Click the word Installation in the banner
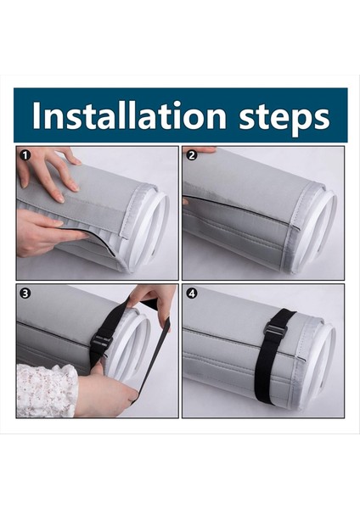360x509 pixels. pyautogui.click(x=129, y=115)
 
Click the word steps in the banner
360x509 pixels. pyautogui.click(x=284, y=118)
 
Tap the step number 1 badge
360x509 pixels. pyautogui.click(x=25, y=155)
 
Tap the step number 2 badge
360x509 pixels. pyautogui.click(x=192, y=155)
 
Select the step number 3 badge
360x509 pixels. pyautogui.click(x=25, y=294)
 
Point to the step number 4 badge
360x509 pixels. pyautogui.click(x=192, y=294)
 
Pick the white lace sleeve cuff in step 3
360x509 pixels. pyautogui.click(x=47, y=390)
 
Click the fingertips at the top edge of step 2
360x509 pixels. pyautogui.click(x=201, y=149)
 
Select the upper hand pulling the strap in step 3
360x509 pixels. pyautogui.click(x=153, y=304)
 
